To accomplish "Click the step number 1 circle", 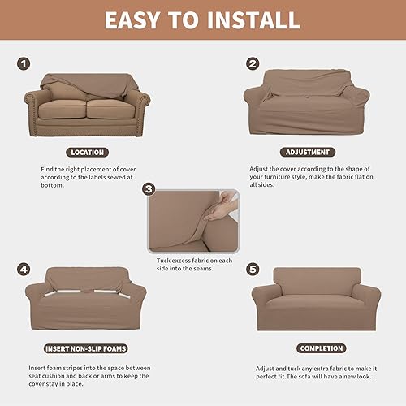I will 24,63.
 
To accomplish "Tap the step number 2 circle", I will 253,63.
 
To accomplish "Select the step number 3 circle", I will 149,189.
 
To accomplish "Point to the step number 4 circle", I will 24,269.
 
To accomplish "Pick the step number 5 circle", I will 253,269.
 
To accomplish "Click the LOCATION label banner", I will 88,152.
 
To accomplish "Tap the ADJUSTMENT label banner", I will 307,152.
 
